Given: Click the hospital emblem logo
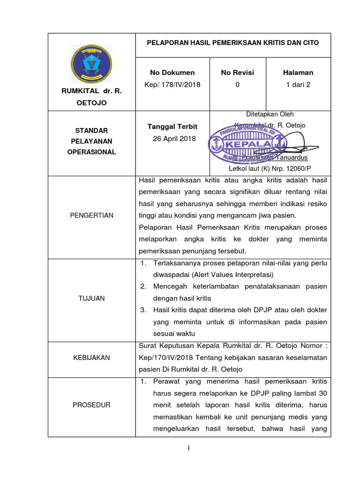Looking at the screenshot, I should (x=91, y=63).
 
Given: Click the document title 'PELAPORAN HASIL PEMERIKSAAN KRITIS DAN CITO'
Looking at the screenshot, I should (x=233, y=43).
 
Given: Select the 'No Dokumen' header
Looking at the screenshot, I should (x=172, y=73).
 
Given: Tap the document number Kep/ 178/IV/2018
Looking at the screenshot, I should (x=172, y=85).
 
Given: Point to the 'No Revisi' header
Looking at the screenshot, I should (x=237, y=73).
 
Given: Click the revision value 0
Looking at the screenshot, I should (x=237, y=85).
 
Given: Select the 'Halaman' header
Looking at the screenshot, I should (x=298, y=73).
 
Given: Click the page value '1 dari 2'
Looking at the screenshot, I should (x=298, y=85).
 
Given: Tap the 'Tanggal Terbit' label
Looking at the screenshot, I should (x=172, y=127).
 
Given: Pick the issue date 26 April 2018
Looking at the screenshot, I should (x=172, y=139).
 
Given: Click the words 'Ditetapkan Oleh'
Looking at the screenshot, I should (x=270, y=114).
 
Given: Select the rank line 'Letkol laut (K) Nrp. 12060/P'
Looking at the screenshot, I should (x=270, y=168).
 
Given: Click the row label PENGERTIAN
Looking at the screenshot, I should (x=91, y=215).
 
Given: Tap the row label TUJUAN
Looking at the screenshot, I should (x=91, y=298).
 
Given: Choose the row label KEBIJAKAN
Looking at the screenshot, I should (x=91, y=358).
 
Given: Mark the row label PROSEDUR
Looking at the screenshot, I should (x=91, y=405).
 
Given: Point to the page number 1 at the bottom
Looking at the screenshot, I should (x=189, y=449).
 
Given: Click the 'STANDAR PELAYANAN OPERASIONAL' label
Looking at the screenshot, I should (x=91, y=141).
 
